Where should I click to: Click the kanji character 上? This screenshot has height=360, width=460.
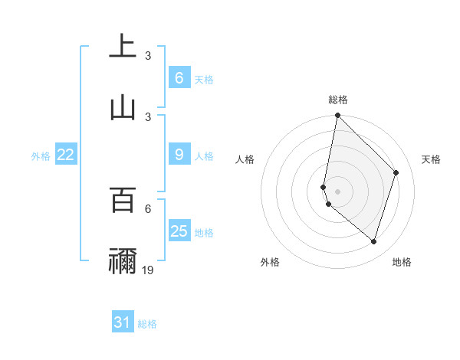[x=123, y=47]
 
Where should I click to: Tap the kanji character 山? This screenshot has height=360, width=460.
[x=123, y=108]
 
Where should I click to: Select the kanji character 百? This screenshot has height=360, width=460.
[x=123, y=200]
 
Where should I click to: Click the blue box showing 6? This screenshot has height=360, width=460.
[x=179, y=78]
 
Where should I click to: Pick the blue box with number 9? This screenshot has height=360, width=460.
[x=179, y=155]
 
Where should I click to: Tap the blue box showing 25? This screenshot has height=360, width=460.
[x=179, y=231]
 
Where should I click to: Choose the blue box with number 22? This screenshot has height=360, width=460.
[x=65, y=155]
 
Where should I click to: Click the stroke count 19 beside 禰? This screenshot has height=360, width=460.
[x=148, y=270]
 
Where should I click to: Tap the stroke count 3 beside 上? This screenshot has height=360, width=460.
[x=148, y=56]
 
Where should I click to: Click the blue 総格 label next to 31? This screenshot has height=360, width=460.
[x=147, y=324]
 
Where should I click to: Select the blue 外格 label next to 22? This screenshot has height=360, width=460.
[x=41, y=156]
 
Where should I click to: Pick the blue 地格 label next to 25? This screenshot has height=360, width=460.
[x=204, y=232]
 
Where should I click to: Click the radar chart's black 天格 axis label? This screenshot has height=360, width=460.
[x=431, y=159]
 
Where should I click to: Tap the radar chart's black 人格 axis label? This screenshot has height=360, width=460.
[x=245, y=159]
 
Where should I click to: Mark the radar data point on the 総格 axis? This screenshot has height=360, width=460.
[x=337, y=115]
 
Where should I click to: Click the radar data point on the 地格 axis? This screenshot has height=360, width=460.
[x=373, y=242]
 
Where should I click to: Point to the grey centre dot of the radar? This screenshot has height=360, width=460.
[x=337, y=191]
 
